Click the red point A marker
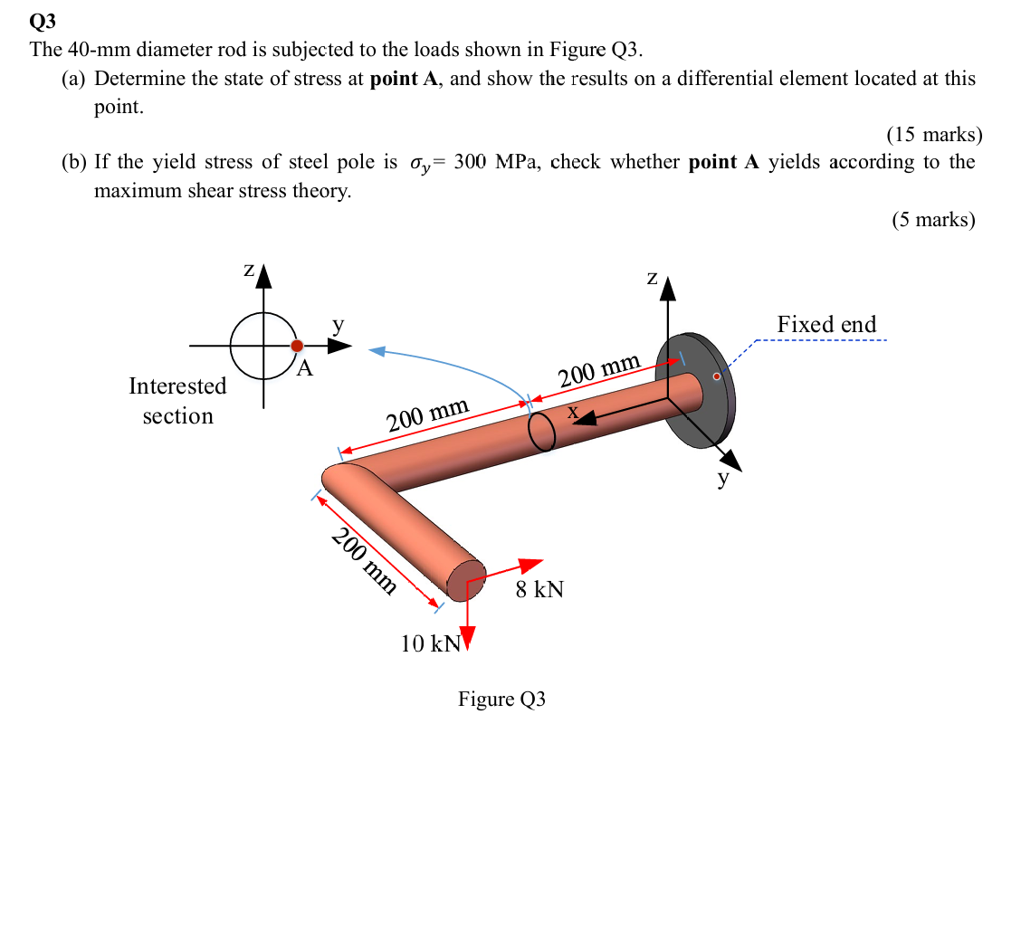coord(297,346)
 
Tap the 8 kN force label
coord(539,590)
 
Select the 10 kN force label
coord(430,643)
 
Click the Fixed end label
coord(826,324)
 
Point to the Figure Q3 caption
coord(501,700)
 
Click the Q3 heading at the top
coord(43,20)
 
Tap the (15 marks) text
coord(933,135)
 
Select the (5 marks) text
coord(933,220)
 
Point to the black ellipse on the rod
coord(541,432)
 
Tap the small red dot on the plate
coord(717,376)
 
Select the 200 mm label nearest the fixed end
coord(600,369)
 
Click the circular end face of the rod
coord(466,579)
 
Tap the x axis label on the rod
coord(572,412)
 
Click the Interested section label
coord(177,401)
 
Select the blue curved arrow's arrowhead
coord(377,351)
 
